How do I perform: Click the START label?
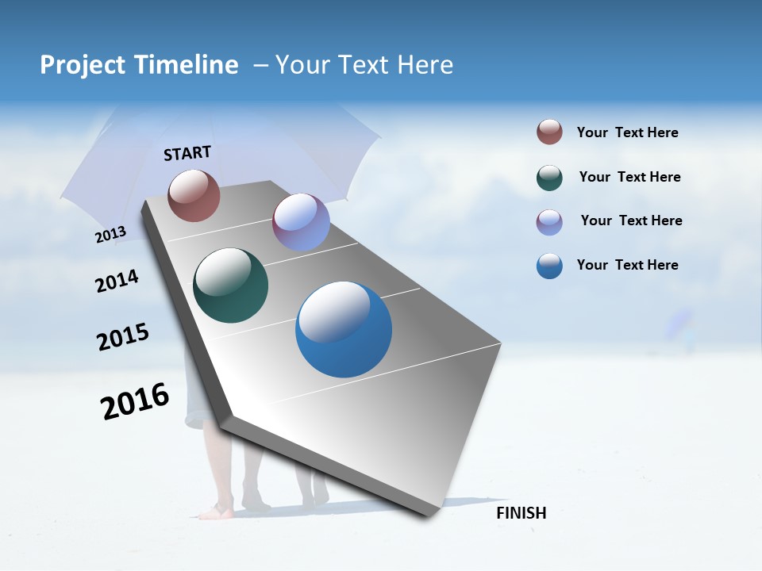pyautogui.click(x=187, y=153)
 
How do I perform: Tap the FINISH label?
pyautogui.click(x=521, y=513)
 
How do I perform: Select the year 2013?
pyautogui.click(x=110, y=235)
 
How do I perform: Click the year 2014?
pyautogui.click(x=117, y=282)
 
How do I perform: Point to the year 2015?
pyautogui.click(x=123, y=336)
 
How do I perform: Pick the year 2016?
pyautogui.click(x=135, y=401)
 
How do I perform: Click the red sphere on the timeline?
pyautogui.click(x=194, y=195)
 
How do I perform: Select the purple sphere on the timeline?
pyautogui.click(x=301, y=222)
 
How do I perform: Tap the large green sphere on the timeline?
pyautogui.click(x=230, y=285)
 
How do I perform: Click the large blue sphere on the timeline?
pyautogui.click(x=344, y=329)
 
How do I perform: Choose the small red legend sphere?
pyautogui.click(x=549, y=132)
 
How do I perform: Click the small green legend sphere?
pyautogui.click(x=549, y=178)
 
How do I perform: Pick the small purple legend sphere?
pyautogui.click(x=549, y=222)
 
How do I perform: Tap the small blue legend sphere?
pyautogui.click(x=549, y=266)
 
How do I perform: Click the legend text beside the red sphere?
pyautogui.click(x=627, y=133)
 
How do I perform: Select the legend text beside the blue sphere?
pyautogui.click(x=627, y=265)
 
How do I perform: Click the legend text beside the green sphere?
pyautogui.click(x=629, y=177)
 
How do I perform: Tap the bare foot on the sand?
pyautogui.click(x=214, y=512)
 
